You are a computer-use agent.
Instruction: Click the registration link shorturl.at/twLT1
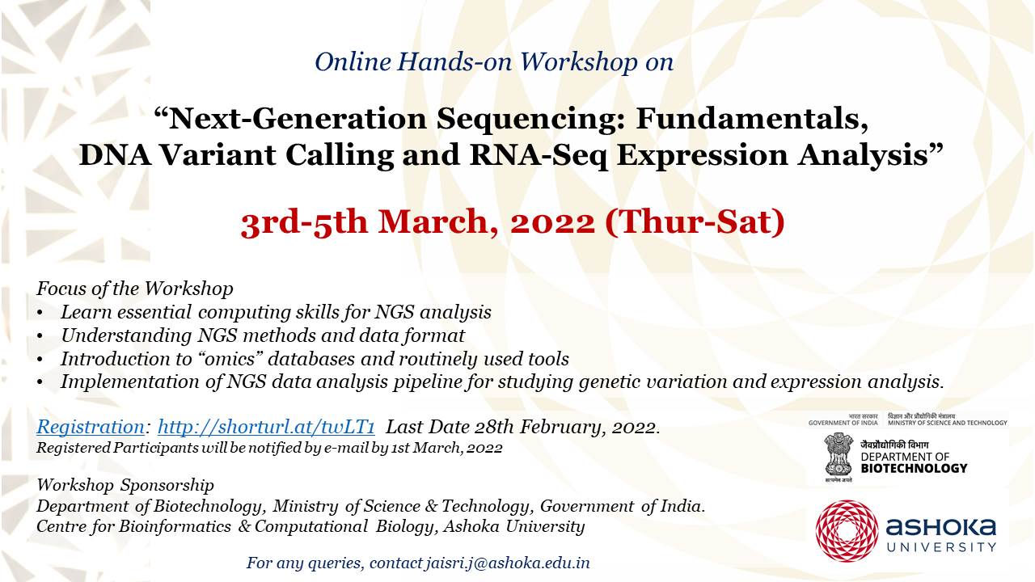(x=266, y=428)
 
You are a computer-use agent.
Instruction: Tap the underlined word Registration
(x=91, y=428)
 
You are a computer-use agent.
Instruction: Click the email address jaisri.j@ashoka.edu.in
(x=508, y=563)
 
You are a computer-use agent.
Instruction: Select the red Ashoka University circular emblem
(x=847, y=531)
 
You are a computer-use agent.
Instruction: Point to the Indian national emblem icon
(x=839, y=454)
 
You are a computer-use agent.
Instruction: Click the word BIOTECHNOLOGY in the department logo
(x=914, y=468)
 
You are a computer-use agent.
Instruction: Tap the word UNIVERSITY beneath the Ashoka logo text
(x=941, y=547)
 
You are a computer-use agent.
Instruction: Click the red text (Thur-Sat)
(x=695, y=222)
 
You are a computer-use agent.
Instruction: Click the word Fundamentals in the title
(x=751, y=119)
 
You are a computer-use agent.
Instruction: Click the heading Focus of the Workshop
(x=135, y=289)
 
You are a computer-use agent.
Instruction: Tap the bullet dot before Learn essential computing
(x=40, y=314)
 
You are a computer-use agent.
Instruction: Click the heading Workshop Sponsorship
(x=125, y=486)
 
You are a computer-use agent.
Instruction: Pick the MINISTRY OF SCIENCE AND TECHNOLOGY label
(x=947, y=423)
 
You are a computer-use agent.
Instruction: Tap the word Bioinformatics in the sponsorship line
(x=175, y=526)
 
